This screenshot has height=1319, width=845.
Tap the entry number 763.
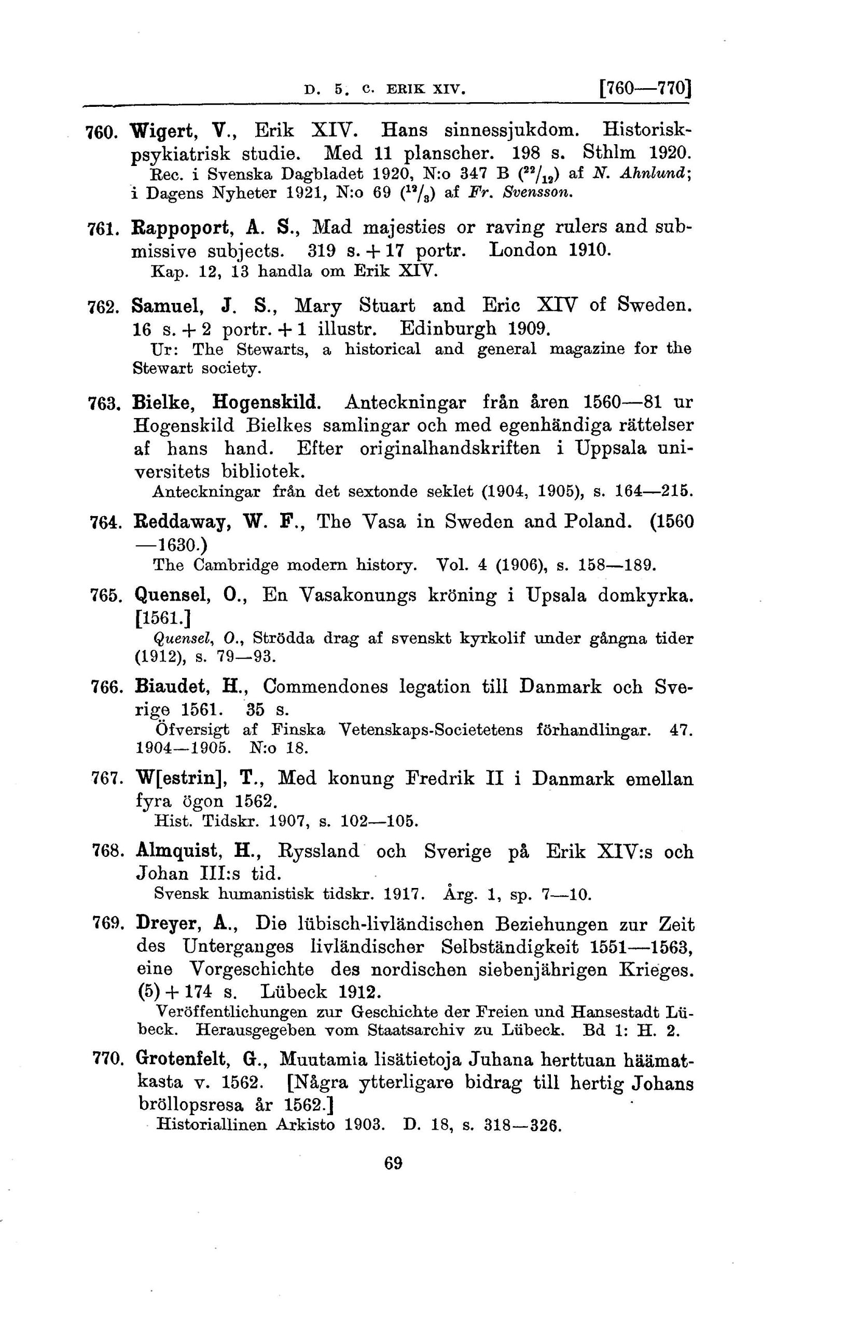click(101, 405)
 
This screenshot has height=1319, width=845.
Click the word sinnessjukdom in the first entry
click(511, 130)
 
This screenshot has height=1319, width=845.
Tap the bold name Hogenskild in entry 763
click(266, 403)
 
